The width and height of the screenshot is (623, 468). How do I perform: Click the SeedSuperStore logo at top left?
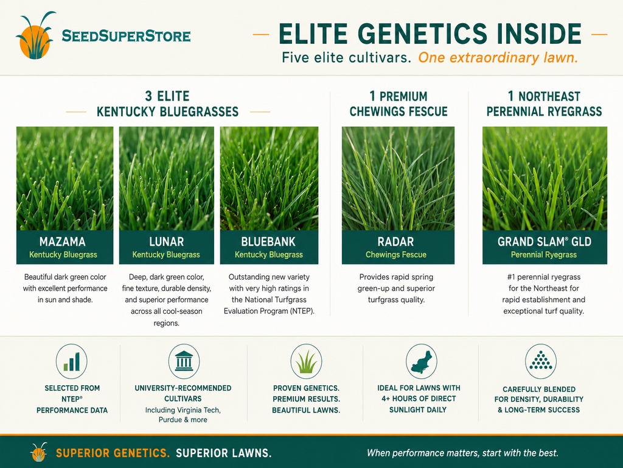[x=103, y=35]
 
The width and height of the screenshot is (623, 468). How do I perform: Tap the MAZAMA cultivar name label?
[x=63, y=241]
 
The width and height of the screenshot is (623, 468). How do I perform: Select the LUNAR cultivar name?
[x=167, y=241]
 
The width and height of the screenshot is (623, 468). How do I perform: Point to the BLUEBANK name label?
[x=268, y=241]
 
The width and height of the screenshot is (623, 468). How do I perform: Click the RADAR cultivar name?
[x=395, y=241]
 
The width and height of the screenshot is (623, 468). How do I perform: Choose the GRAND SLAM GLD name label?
[x=545, y=241]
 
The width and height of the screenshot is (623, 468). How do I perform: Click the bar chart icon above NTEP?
[x=72, y=361]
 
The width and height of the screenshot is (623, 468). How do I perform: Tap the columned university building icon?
[x=184, y=361]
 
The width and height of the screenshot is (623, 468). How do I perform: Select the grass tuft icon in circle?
[x=306, y=361]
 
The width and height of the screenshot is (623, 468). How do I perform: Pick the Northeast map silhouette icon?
[x=421, y=361]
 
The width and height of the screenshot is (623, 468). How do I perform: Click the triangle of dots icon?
[x=540, y=361]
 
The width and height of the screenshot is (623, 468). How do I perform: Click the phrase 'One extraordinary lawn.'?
[x=498, y=58]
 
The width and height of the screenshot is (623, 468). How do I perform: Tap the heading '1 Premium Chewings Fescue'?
[x=399, y=104]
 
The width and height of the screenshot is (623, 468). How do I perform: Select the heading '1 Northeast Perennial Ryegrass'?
[x=545, y=104]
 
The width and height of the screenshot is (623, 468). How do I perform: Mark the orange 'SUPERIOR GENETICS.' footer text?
[x=113, y=453]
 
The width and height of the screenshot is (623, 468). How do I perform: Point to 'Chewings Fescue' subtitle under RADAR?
[x=395, y=255]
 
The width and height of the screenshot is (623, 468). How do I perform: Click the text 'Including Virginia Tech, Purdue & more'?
[x=183, y=414]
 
